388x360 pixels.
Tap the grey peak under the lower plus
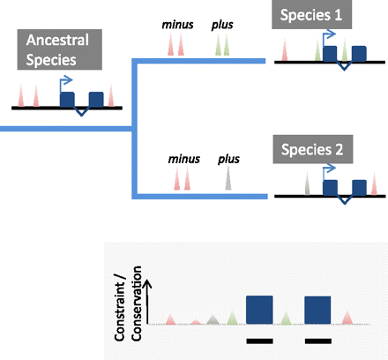pos(228,182)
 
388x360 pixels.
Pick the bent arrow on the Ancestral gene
pos(67,80)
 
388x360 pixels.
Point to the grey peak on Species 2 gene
pos(307,185)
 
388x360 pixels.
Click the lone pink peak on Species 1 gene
pos(284,54)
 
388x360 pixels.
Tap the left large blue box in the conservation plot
pos(263,310)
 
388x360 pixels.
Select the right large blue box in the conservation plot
pos(317,310)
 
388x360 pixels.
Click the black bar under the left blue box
pos(261,339)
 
